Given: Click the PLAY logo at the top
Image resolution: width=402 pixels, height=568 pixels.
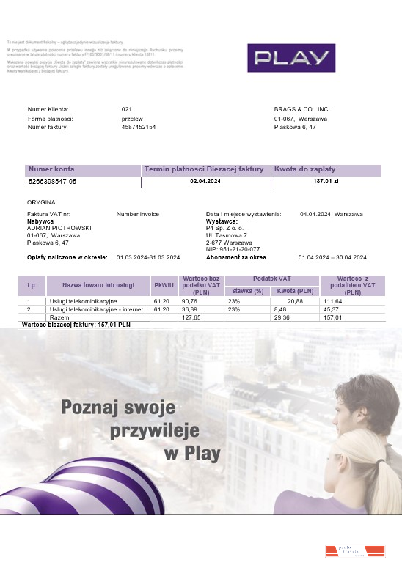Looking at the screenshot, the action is click(x=291, y=58).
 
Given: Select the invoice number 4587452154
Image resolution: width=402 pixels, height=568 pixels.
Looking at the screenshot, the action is click(x=139, y=127).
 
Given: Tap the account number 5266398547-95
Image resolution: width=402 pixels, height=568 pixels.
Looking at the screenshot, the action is click(x=52, y=181).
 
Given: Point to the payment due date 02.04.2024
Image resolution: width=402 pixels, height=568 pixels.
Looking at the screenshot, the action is click(x=205, y=181).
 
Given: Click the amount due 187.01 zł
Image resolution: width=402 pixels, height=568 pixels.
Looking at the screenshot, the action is click(x=326, y=181).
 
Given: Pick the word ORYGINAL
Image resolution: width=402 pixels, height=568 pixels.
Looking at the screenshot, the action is click(x=43, y=202).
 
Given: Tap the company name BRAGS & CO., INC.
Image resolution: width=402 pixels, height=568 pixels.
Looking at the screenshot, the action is click(x=301, y=108).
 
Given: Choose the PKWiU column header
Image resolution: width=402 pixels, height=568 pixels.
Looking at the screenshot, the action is click(x=162, y=284).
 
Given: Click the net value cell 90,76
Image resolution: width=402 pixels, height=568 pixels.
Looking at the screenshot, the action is click(x=189, y=301).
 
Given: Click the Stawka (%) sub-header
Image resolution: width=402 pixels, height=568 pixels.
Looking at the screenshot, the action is click(x=247, y=291).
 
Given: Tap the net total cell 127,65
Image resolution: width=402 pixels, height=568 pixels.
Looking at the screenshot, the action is click(x=191, y=317).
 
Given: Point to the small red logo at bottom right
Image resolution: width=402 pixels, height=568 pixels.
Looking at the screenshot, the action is click(x=355, y=551).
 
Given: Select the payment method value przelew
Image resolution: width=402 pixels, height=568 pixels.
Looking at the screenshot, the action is click(x=132, y=118).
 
